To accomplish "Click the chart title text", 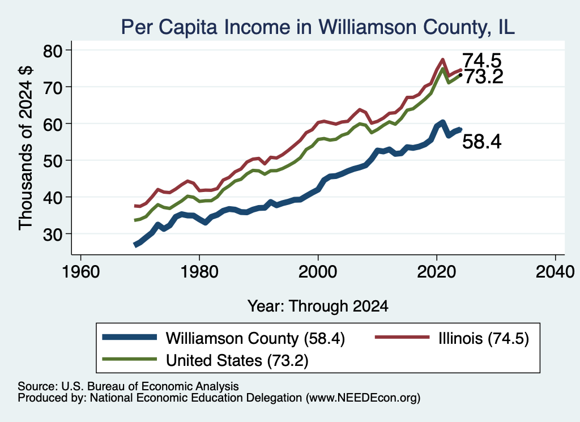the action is (x=318, y=27).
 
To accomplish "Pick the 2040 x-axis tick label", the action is (x=555, y=272).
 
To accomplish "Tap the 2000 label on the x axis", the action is (x=318, y=272).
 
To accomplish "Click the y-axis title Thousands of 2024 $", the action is (x=25, y=148).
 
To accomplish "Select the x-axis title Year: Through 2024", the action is (x=318, y=306).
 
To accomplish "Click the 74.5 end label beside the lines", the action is (x=482, y=61).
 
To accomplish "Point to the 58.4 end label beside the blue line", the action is (x=482, y=141).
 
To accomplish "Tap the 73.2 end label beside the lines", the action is (x=484, y=77).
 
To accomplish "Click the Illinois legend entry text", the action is (x=484, y=338).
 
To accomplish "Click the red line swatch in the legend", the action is (x=402, y=337).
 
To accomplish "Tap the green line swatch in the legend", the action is (x=130, y=359).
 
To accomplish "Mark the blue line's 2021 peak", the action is (x=442, y=122).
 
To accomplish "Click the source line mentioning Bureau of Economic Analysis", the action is (x=128, y=386).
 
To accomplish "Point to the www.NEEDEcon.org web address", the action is (x=363, y=398).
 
